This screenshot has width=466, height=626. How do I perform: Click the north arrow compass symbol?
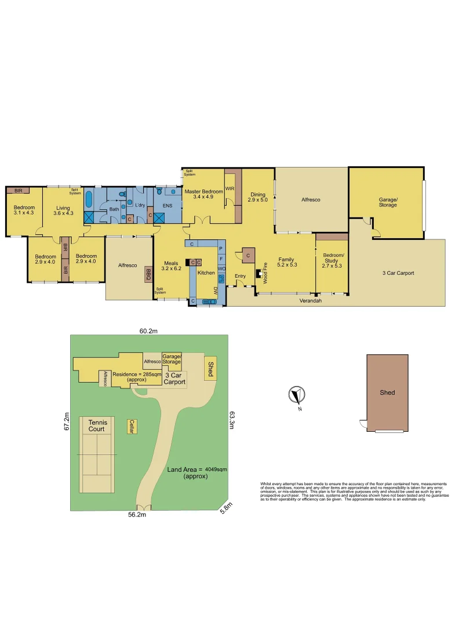click(297, 396)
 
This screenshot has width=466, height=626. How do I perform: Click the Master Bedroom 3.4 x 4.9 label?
click(203, 194)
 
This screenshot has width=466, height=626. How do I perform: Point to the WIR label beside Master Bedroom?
click(230, 189)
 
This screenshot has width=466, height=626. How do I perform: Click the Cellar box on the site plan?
click(132, 427)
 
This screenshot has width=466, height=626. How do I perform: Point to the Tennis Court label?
click(97, 426)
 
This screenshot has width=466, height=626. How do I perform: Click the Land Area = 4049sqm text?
click(196, 472)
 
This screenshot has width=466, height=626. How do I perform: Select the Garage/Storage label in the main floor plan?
click(387, 201)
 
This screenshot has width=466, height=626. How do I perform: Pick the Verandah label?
click(310, 301)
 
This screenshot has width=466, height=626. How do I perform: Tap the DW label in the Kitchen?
click(215, 289)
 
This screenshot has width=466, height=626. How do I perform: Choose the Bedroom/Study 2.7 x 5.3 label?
click(333, 262)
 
